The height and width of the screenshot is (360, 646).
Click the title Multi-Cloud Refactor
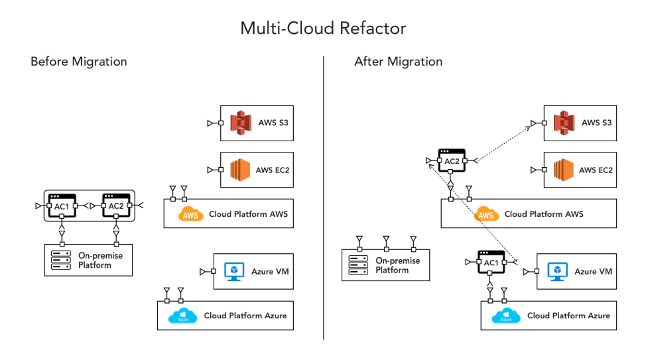point(323,28)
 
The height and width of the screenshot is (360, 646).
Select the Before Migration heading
point(78,62)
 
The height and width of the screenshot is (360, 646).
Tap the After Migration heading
point(398,62)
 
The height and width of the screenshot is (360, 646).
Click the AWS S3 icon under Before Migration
point(241,123)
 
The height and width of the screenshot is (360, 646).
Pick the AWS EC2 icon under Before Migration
point(241,170)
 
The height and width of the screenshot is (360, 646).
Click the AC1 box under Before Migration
point(62,206)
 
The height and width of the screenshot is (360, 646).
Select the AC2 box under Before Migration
point(115,206)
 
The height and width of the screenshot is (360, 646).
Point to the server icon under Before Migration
point(62,260)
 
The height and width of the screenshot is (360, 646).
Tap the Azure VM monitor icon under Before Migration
point(234,271)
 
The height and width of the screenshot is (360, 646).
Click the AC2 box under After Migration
point(452,161)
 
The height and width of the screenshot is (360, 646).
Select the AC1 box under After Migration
point(491,263)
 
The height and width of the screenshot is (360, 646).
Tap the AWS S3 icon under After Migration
point(564,123)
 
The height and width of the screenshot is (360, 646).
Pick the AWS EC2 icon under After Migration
point(564,170)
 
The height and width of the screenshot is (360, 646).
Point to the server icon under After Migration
point(359,265)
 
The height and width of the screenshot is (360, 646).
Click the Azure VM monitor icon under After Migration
point(558,271)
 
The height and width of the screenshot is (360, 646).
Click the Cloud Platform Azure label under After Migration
point(568,316)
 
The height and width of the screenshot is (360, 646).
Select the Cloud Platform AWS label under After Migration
point(544,214)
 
